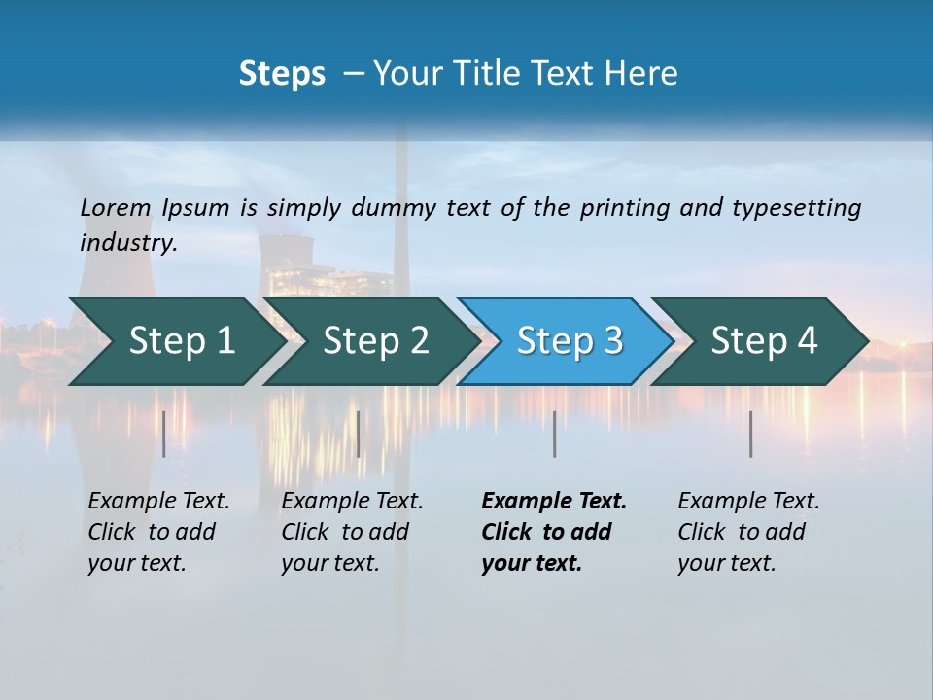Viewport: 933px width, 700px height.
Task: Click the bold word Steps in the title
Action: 282,73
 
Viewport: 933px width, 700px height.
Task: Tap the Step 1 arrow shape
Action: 175,341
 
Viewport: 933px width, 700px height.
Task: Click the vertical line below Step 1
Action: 164,434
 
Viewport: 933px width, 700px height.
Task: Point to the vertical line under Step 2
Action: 359,434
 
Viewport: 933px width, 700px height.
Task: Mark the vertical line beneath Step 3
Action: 555,434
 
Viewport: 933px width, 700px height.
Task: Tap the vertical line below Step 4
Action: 751,434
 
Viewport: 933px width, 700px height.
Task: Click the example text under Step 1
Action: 157,532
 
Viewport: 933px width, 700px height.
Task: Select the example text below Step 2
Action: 351,532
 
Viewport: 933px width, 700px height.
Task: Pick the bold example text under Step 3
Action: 552,532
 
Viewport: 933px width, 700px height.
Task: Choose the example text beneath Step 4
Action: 747,532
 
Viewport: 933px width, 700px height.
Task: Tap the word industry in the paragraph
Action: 128,243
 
